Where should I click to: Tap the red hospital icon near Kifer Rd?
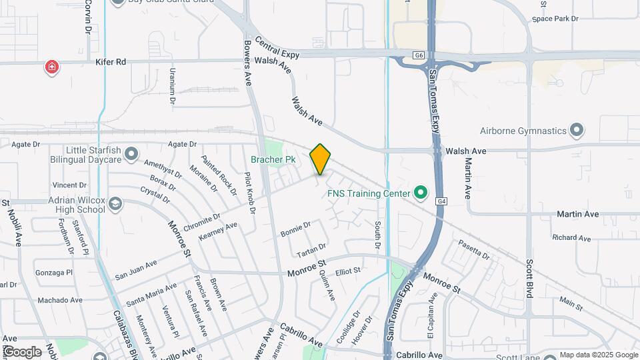[x=51, y=67]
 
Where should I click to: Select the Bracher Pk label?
[x=273, y=159]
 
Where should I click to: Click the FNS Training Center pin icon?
[x=420, y=193]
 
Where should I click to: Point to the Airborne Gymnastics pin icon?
[x=577, y=130]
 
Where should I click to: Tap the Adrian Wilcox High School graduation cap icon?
[x=115, y=203]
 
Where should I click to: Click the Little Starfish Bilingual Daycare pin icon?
[x=131, y=155]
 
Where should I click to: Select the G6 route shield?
[x=418, y=55]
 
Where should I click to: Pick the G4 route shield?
[x=441, y=200]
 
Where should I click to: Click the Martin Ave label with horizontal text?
[x=577, y=215]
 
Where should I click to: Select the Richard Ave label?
[x=571, y=238]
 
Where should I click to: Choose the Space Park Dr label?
[x=555, y=19]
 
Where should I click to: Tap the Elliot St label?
[x=347, y=271]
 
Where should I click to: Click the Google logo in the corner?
[x=21, y=352]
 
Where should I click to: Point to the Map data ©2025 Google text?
[x=598, y=355]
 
